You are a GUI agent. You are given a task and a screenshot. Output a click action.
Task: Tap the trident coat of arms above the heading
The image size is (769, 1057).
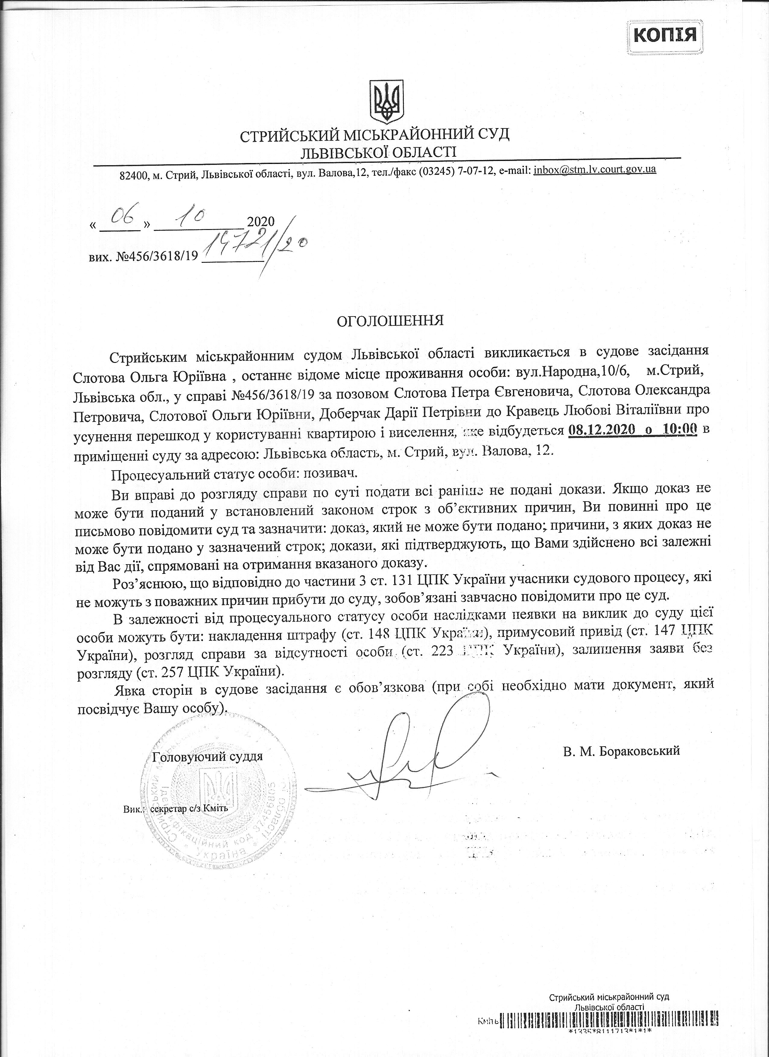(386, 100)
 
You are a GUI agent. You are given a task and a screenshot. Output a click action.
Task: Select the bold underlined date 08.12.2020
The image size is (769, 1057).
(602, 430)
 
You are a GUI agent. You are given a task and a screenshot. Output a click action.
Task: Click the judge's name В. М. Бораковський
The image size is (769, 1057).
(621, 751)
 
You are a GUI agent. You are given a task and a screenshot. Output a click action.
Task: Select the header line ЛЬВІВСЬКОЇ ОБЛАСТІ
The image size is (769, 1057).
(378, 152)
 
